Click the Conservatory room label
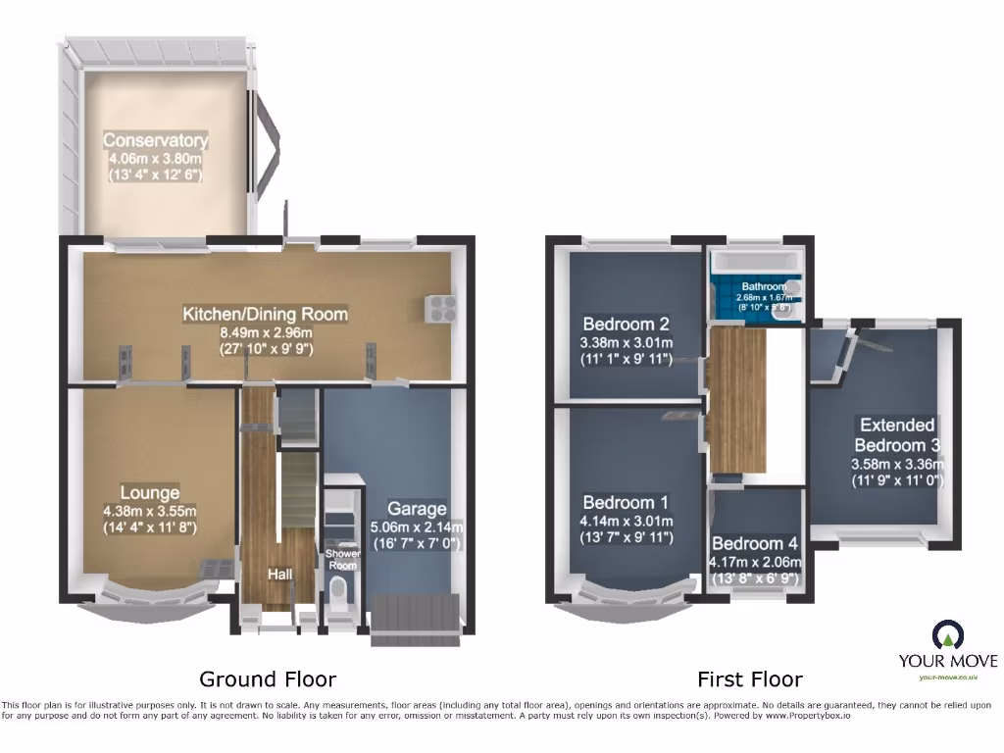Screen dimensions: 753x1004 (x=156, y=139)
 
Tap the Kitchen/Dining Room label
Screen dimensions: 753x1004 (x=265, y=314)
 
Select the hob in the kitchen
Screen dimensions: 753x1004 (x=438, y=308)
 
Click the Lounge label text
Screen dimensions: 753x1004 (x=150, y=492)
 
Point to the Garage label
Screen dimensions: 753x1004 (x=417, y=508)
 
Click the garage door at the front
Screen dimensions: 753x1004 (x=416, y=618)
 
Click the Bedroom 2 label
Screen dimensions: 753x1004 (x=626, y=325)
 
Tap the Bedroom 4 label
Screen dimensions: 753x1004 (x=755, y=544)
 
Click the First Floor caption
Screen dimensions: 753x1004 (x=750, y=678)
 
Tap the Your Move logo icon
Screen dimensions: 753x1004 (x=948, y=635)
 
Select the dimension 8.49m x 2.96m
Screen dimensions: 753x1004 (x=265, y=332)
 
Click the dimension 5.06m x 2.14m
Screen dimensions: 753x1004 (x=417, y=527)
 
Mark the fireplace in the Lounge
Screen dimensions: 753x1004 (x=217, y=569)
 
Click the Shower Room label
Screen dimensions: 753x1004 (x=343, y=558)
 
